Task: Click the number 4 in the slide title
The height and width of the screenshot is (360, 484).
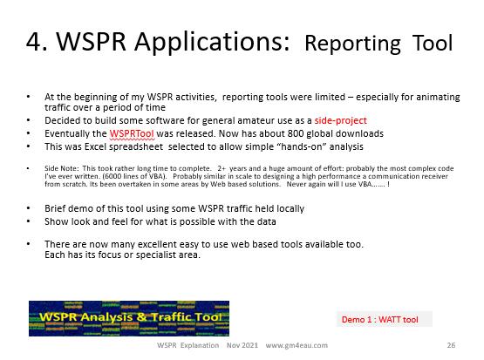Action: (34, 41)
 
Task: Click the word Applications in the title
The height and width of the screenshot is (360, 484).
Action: (211, 43)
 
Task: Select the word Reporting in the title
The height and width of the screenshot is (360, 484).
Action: (352, 44)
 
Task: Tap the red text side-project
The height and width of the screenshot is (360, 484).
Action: (340, 120)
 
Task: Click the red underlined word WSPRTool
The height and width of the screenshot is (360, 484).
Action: (132, 133)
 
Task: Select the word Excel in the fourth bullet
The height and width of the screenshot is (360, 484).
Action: (95, 146)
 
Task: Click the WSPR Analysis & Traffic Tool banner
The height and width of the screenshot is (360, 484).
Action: (129, 318)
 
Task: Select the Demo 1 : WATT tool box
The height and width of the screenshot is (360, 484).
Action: (385, 319)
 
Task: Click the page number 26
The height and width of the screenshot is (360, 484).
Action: (451, 345)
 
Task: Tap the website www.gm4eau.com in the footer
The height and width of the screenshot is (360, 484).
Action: (297, 345)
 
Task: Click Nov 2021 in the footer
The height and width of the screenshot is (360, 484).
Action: (242, 345)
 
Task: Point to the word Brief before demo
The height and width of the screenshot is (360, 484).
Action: (55, 208)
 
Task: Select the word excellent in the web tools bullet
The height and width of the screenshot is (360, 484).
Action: (156, 244)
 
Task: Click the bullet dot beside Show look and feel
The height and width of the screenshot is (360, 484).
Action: (29, 221)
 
